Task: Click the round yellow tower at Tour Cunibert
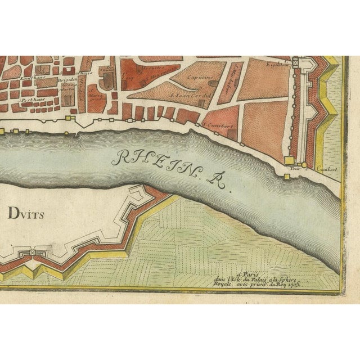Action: pyautogui.click(x=304, y=165)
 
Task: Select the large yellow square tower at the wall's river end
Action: pyautogui.click(x=289, y=160)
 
